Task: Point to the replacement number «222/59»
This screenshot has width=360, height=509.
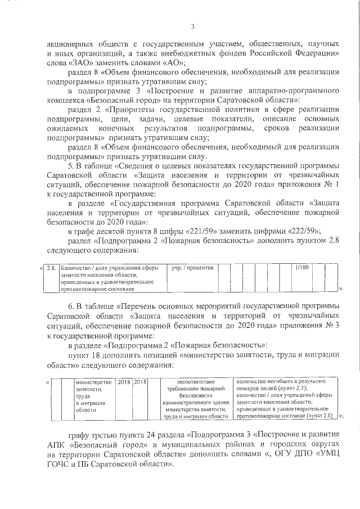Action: tap(301, 231)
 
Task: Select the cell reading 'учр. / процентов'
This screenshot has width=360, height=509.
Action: tap(192, 268)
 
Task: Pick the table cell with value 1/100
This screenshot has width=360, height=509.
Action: tap(302, 268)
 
